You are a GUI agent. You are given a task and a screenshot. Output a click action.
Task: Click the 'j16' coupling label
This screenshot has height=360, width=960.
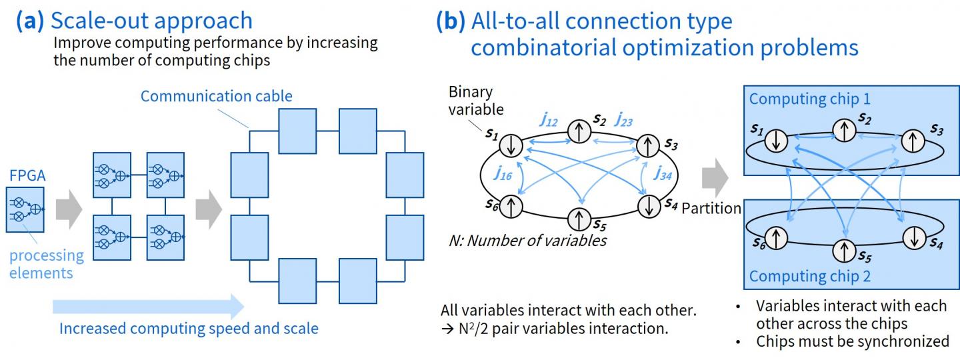point(503,173)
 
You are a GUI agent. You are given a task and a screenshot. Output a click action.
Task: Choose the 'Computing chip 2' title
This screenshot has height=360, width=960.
point(810,275)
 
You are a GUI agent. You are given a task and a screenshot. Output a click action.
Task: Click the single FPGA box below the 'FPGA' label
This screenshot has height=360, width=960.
point(25,209)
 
